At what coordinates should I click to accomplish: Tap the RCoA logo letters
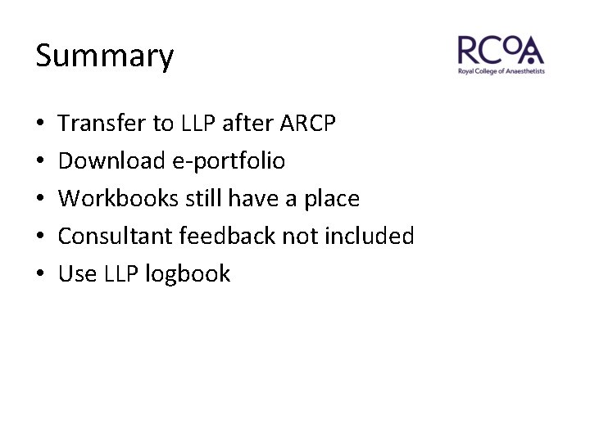[501, 51]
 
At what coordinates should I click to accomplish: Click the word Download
[111, 161]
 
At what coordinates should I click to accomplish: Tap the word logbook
[188, 274]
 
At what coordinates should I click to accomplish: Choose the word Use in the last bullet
[78, 273]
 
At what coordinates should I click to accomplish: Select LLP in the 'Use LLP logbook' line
[122, 273]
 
